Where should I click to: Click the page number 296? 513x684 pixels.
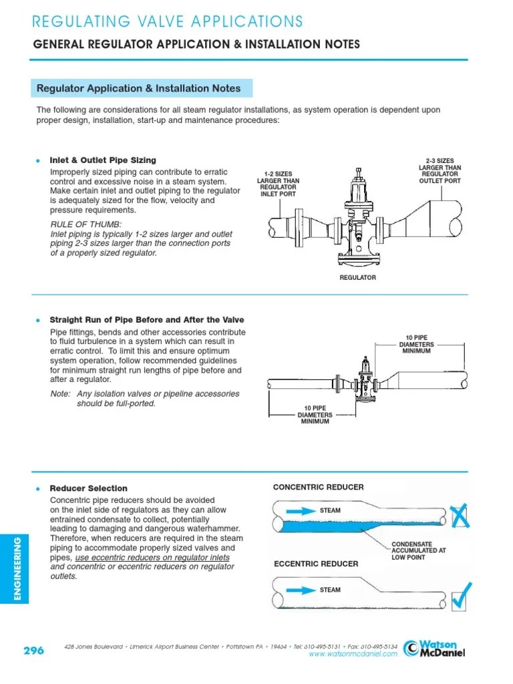click(33, 651)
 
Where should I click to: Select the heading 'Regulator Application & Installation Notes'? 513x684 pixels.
click(138, 88)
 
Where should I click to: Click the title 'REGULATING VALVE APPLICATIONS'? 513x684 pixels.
click(167, 22)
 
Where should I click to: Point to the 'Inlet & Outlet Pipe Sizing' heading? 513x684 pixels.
click(103, 160)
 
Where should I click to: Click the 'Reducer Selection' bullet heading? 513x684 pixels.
click(89, 488)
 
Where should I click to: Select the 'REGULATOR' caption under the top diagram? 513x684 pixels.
click(358, 277)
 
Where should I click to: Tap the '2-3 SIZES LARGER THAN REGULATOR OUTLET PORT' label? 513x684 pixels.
click(440, 170)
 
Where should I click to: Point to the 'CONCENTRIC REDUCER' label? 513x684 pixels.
click(318, 487)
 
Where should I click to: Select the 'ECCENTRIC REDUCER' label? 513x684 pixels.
click(316, 564)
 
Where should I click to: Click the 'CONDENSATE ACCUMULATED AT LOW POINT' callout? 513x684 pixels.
click(418, 550)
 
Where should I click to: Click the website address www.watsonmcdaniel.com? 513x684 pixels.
click(353, 654)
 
